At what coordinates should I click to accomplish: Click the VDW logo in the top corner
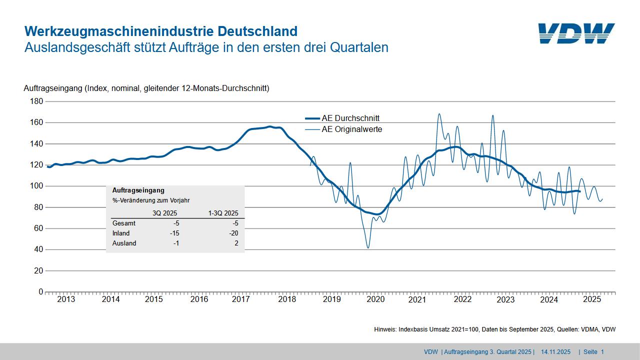pyautogui.click(x=576, y=33)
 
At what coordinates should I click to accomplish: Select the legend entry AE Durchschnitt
pyautogui.click(x=350, y=118)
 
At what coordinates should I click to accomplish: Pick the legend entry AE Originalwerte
pyautogui.click(x=351, y=129)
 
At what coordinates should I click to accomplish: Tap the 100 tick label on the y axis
pyautogui.click(x=37, y=186)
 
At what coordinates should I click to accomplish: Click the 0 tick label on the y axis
pyautogui.click(x=41, y=292)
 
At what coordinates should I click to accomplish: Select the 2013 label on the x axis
pyautogui.click(x=66, y=299)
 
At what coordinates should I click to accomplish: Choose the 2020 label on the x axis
pyautogui.click(x=375, y=299)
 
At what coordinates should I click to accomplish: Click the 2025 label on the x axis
pyautogui.click(x=592, y=299)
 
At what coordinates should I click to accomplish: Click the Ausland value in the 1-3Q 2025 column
pyautogui.click(x=236, y=243)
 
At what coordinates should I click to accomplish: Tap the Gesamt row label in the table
pyautogui.click(x=123, y=223)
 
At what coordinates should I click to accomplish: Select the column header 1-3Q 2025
pyautogui.click(x=223, y=212)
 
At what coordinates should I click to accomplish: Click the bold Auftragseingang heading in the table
pyautogui.click(x=138, y=190)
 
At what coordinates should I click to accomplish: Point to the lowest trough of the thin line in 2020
pyautogui.click(x=368, y=247)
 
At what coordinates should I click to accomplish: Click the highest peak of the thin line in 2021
pyautogui.click(x=439, y=114)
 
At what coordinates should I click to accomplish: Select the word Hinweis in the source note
pyautogui.click(x=386, y=329)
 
